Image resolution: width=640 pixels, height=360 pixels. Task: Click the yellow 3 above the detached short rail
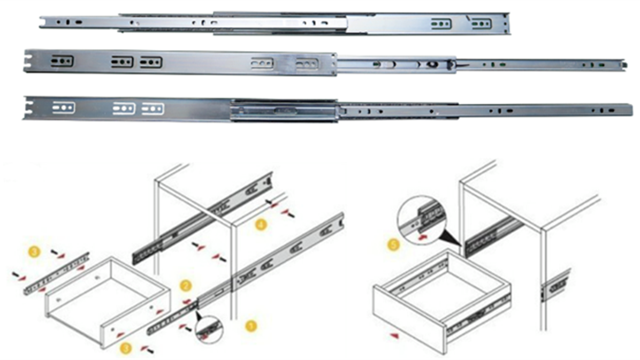[x=34, y=250]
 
